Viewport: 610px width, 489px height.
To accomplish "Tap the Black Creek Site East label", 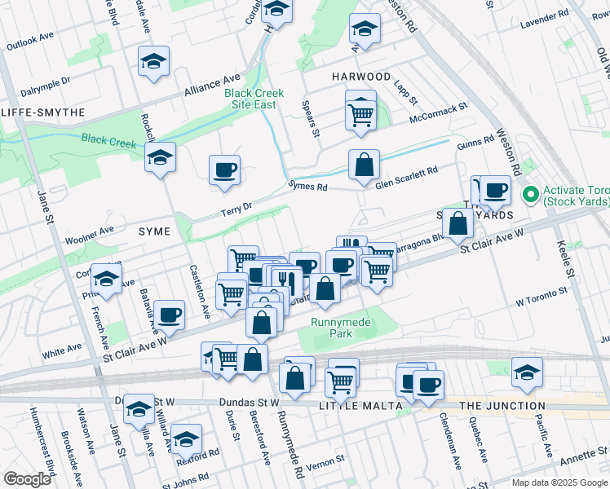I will [x=254, y=99].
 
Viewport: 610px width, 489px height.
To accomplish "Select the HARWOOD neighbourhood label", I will [x=361, y=76].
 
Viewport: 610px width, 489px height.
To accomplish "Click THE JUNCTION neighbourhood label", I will [x=502, y=405].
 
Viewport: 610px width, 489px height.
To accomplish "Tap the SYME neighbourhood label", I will [x=154, y=231].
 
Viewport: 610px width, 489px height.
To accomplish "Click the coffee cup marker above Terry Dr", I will [x=224, y=170].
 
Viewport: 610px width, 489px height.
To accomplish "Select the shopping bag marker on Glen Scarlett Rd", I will [x=364, y=165].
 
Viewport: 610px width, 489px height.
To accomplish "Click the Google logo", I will [x=27, y=479].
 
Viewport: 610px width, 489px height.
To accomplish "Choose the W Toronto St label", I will [x=541, y=297].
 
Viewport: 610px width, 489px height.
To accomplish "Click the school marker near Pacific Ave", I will [x=527, y=372].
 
